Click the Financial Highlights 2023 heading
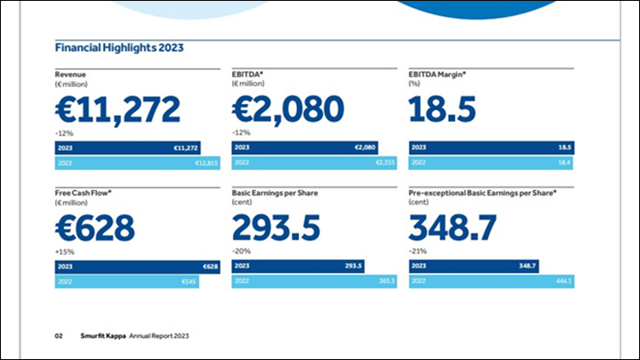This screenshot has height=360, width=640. tap(119, 47)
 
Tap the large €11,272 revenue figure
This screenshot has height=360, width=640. tap(117, 108)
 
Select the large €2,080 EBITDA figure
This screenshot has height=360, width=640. tap(287, 108)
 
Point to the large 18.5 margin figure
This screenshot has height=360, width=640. tap(442, 108)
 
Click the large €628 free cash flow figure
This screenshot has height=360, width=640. tap(95, 228)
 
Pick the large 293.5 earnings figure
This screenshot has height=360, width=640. tap(276, 228)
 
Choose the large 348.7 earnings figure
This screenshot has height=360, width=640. tap(453, 228)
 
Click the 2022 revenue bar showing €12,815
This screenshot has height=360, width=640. tap(137, 163)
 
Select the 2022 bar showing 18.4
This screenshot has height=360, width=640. tap(492, 163)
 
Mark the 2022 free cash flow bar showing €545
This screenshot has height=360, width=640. tap(127, 281)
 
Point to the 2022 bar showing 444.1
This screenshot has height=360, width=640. tap(492, 281)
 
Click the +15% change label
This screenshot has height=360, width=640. tap(65, 252)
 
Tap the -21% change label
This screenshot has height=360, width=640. tap(418, 252)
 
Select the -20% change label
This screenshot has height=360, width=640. tap(241, 252)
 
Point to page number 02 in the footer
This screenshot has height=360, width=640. tap(59, 337)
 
